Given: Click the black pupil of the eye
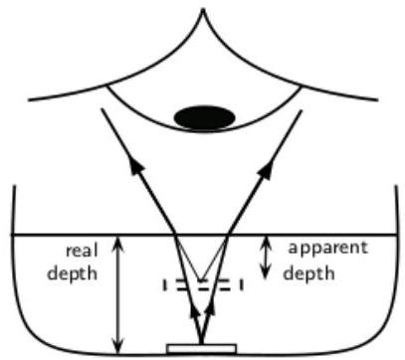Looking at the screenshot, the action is pyautogui.click(x=205, y=117).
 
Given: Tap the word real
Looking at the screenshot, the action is pyautogui.click(x=82, y=251).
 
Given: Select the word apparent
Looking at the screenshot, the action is pyautogui.click(x=328, y=249).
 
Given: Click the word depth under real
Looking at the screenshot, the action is pyautogui.click(x=73, y=273).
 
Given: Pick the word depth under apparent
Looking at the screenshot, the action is pyautogui.click(x=308, y=273).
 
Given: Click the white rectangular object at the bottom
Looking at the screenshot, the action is pyautogui.click(x=202, y=349).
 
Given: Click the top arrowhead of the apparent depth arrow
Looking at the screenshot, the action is pyautogui.click(x=265, y=242).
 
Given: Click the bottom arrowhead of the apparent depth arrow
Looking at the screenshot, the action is pyautogui.click(x=265, y=272).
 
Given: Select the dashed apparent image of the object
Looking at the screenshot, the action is pyautogui.click(x=203, y=284).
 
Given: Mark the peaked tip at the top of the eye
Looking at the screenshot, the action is pyautogui.click(x=203, y=9).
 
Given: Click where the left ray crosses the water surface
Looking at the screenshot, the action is pyautogui.click(x=175, y=235).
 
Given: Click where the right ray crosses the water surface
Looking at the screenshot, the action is pyautogui.click(x=228, y=235).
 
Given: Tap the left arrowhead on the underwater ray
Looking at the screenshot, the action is pyautogui.click(x=195, y=311).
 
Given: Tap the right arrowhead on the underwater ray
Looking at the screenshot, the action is pyautogui.click(x=209, y=309).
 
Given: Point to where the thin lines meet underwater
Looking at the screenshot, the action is pyautogui.click(x=200, y=280).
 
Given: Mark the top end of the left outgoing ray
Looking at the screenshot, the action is pyautogui.click(x=101, y=109).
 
